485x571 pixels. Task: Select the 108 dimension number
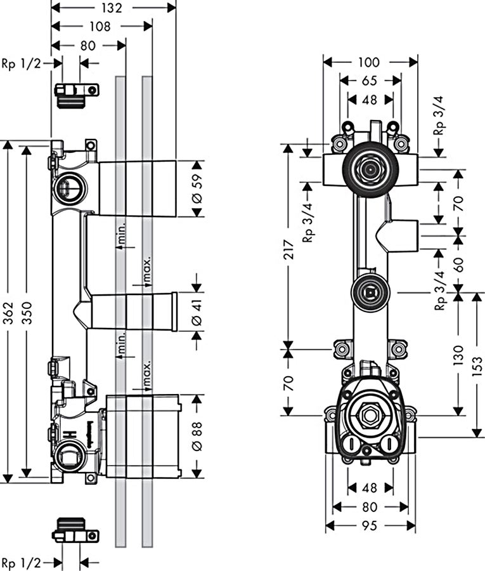tap(100, 26)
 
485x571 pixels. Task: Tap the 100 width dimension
tap(368, 62)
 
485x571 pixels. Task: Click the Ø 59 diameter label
tap(197, 188)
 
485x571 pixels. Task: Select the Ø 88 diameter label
tap(197, 436)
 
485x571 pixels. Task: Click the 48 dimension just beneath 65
tap(369, 99)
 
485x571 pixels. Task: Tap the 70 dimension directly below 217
tap(288, 381)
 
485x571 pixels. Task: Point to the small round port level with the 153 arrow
tap(370, 292)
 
